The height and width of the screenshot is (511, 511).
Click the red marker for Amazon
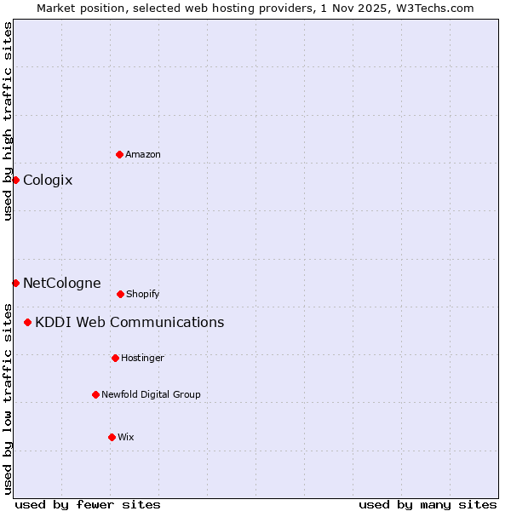click(x=119, y=154)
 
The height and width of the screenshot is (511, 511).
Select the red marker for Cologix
click(x=15, y=180)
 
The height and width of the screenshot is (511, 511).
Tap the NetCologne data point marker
click(x=15, y=283)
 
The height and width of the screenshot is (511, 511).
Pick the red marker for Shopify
click(x=120, y=294)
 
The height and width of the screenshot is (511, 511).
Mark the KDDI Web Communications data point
click(x=28, y=322)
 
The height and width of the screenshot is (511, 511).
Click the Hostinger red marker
click(x=115, y=358)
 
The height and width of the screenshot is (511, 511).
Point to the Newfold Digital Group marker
click(x=95, y=394)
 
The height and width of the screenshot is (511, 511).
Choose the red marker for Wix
click(x=112, y=437)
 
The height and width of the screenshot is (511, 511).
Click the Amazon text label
click(x=143, y=154)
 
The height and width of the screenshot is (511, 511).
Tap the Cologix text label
click(x=48, y=180)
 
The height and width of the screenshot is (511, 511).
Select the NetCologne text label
click(x=61, y=283)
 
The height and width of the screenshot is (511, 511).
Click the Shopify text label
click(x=143, y=294)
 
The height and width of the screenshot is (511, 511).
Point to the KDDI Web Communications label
click(x=129, y=322)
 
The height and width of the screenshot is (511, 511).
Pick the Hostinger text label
click(x=142, y=358)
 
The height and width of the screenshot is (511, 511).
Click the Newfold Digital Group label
click(x=151, y=394)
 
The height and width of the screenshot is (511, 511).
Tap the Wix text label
click(x=126, y=437)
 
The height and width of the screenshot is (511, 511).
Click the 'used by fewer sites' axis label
click(x=88, y=504)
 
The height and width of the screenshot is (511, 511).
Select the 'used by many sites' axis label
click(x=428, y=504)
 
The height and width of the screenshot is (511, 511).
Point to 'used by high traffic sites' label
click(x=8, y=121)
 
